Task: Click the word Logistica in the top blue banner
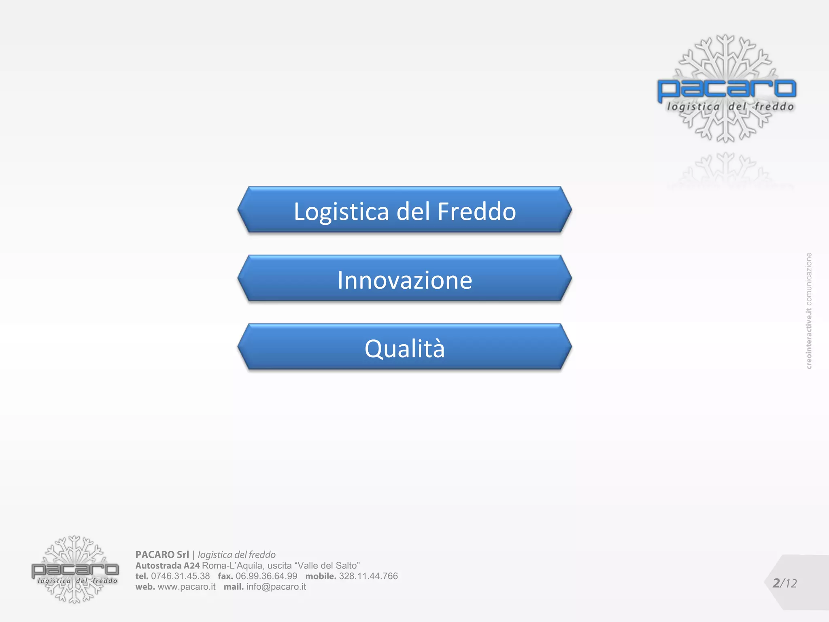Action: point(341,211)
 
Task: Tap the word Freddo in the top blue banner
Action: point(476,211)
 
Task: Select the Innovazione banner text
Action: point(405,280)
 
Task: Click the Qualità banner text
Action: point(405,349)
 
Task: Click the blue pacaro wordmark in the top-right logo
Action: point(727,89)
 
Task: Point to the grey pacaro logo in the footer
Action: point(75,570)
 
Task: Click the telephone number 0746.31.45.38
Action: point(180,576)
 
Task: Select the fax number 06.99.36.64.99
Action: point(266,576)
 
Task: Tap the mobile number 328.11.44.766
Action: point(368,576)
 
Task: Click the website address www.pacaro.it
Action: point(187,587)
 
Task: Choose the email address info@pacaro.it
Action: point(276,587)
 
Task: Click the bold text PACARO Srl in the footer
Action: point(162,555)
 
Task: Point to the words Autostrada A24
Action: point(168,566)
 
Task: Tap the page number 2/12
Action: point(784,583)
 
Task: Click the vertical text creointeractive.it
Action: point(809,338)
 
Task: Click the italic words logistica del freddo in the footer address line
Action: point(237,555)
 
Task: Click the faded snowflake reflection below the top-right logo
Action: point(727,170)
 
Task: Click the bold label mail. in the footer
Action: point(234,587)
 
